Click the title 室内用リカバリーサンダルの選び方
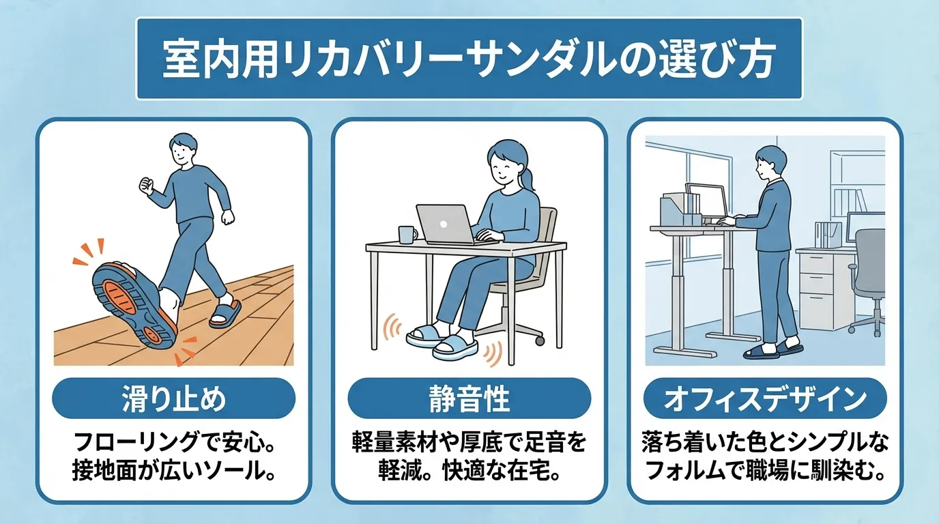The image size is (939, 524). point(469,59)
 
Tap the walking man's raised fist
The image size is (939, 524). point(145,185)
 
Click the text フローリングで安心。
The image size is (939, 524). point(173,444)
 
